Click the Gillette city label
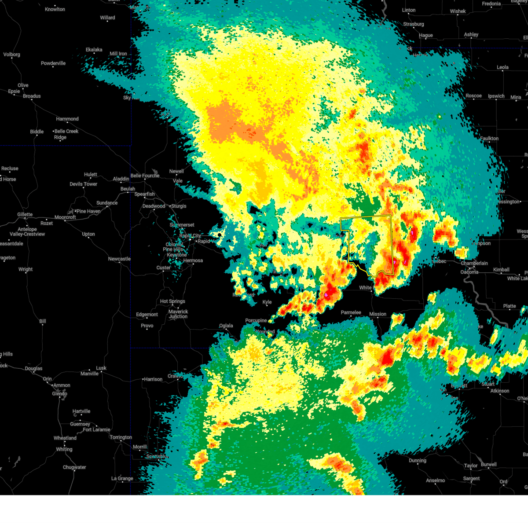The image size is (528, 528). [25, 215]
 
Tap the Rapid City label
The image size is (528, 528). [191, 236]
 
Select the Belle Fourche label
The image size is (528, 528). [145, 176]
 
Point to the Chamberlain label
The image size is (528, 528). [474, 263]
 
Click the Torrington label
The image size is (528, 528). [121, 437]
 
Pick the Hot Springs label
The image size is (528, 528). [172, 301]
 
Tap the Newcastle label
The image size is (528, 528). [119, 259]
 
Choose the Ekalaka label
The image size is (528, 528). [94, 50]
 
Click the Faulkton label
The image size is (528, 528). [489, 139]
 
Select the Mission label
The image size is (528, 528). [378, 314]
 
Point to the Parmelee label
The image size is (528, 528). [351, 312]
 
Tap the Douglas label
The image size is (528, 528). [33, 368]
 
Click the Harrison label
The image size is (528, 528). [153, 379]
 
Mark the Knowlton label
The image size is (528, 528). [55, 9]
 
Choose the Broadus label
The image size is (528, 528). [32, 96]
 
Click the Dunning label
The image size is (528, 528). [417, 461]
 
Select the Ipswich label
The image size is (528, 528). [496, 96]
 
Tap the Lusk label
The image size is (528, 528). [101, 368]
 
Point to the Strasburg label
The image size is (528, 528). [414, 24]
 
